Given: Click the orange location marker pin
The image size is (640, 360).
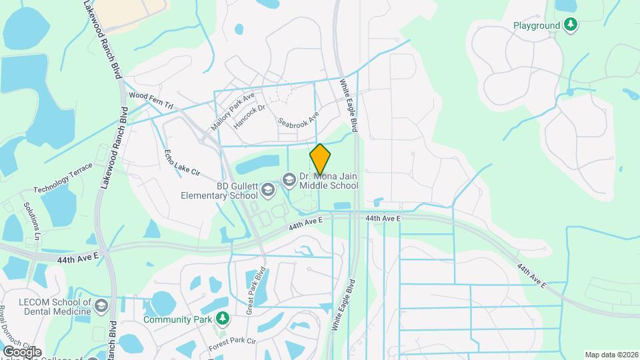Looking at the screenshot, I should [320, 159].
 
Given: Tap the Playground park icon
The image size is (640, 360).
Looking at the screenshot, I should [570, 25].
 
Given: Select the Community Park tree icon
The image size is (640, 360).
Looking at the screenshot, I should [223, 319].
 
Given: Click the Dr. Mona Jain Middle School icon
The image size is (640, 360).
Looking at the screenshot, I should [289, 178].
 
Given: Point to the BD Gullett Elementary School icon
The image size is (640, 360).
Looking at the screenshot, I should [267, 191].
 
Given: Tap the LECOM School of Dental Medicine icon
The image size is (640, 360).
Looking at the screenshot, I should [101, 306].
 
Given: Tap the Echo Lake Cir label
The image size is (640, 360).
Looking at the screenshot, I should [181, 163].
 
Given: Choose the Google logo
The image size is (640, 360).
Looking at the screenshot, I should [22, 351].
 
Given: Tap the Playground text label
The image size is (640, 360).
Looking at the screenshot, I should [537, 26].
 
